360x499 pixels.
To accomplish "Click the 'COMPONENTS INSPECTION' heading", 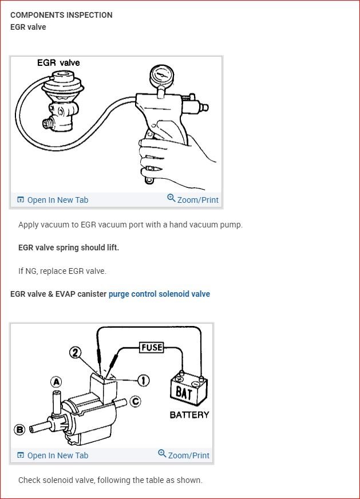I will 61,15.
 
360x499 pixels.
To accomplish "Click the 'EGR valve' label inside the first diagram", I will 58,62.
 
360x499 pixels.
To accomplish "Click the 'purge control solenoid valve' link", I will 159,294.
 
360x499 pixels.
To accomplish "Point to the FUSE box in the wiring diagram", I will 152,347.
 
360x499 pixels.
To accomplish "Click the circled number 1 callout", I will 143,380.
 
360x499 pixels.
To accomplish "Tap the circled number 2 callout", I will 75,353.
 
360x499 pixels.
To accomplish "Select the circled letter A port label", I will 56,382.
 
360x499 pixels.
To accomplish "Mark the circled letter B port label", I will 19,429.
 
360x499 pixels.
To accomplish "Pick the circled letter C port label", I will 135,401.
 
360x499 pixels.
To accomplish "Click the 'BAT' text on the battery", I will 184,393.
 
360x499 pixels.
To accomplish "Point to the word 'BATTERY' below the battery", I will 189,415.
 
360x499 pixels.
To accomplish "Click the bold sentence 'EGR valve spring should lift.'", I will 69,247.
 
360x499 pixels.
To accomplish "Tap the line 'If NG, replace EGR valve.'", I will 62,271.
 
